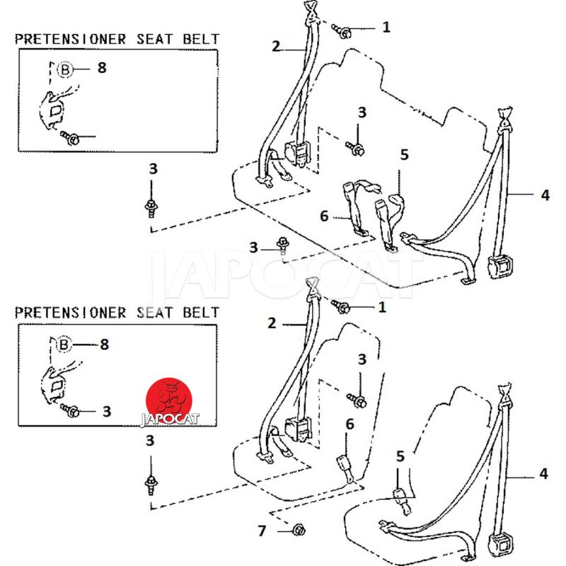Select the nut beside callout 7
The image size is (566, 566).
[298, 529]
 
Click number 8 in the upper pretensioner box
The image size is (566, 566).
[101, 69]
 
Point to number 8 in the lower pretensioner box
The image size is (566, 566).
[104, 345]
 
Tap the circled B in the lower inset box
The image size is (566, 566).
[64, 345]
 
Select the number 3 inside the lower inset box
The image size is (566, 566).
[107, 411]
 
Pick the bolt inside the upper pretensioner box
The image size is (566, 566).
[72, 137]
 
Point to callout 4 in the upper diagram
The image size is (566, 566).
[544, 195]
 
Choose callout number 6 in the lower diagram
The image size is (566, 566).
[349, 424]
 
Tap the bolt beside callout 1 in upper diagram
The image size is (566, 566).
[345, 31]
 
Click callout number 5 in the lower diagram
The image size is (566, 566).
[400, 457]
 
